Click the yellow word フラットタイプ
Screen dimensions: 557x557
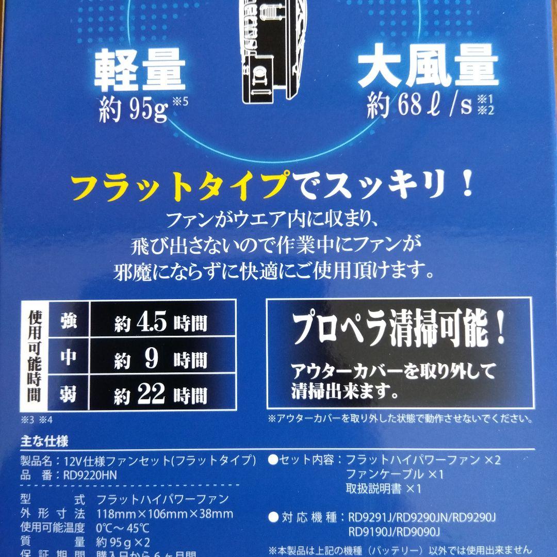click(x=179, y=188)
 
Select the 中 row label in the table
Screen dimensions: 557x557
click(x=69, y=358)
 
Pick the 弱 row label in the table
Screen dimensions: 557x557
click(x=69, y=395)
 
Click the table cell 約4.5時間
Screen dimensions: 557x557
click(x=161, y=323)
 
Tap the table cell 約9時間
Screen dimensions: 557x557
click(x=161, y=359)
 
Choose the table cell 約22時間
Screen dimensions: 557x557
click(x=161, y=395)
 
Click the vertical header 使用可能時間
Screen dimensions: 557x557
click(x=34, y=358)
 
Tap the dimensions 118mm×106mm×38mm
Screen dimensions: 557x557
click(x=165, y=514)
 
